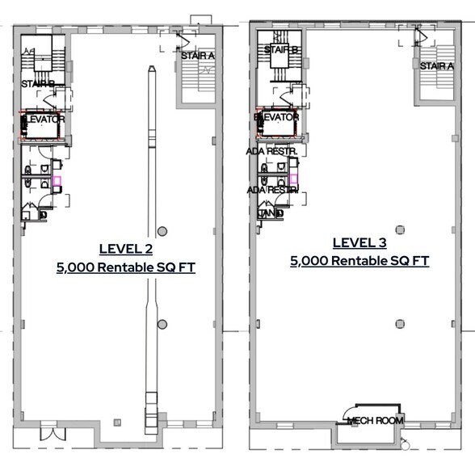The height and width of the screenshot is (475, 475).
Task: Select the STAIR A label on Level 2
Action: (x=197, y=56)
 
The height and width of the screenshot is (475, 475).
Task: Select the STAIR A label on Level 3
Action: (x=436, y=66)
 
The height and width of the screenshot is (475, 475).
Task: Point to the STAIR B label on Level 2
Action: (x=37, y=83)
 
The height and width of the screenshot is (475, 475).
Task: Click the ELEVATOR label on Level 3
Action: (x=277, y=117)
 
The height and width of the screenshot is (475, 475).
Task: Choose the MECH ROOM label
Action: (x=375, y=421)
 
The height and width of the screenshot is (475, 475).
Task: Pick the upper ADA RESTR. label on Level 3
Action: (x=272, y=152)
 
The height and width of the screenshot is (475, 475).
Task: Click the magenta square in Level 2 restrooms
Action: (x=57, y=182)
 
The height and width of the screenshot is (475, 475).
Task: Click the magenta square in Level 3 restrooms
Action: (x=294, y=179)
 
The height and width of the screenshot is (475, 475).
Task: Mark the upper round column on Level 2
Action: (x=162, y=231)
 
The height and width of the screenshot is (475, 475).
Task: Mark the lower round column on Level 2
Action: (x=162, y=324)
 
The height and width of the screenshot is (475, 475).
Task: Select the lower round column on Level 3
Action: (x=400, y=324)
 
